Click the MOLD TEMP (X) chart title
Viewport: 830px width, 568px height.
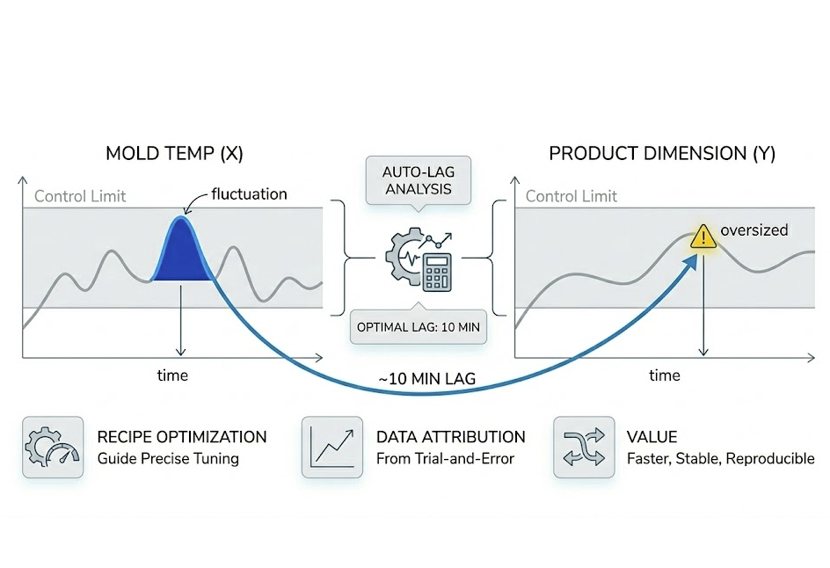pos(174,154)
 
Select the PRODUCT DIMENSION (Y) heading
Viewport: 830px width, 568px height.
pos(662,154)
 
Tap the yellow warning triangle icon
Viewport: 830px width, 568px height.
pos(703,235)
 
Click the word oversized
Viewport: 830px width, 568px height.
pos(754,230)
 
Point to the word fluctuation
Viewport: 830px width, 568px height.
pos(249,193)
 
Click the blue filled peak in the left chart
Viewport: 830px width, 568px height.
pos(182,253)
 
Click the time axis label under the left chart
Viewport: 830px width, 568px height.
pos(172,375)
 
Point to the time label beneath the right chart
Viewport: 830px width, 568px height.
pos(664,375)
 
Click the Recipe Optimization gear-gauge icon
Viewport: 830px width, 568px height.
pos(53,448)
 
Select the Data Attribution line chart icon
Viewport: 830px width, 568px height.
pos(331,448)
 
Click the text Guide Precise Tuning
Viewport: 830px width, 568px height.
pos(168,459)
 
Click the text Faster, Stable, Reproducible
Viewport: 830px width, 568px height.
pos(720,459)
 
